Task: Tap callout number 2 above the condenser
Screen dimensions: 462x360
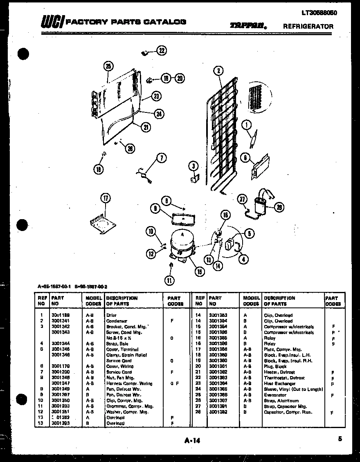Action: click(218, 71)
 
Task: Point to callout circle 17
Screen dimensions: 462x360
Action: click(106, 199)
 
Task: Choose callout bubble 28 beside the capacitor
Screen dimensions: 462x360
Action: click(279, 208)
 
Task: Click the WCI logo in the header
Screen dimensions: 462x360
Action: click(52, 23)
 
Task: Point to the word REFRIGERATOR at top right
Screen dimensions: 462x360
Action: click(308, 26)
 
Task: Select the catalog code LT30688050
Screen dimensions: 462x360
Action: click(319, 13)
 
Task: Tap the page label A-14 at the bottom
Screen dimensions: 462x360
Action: click(192, 440)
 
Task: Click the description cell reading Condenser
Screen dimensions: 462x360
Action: click(117, 321)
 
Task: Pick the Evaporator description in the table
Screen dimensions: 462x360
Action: click(275, 395)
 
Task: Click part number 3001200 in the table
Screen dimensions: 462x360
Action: click(60, 372)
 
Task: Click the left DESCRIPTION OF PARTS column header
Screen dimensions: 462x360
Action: click(122, 301)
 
